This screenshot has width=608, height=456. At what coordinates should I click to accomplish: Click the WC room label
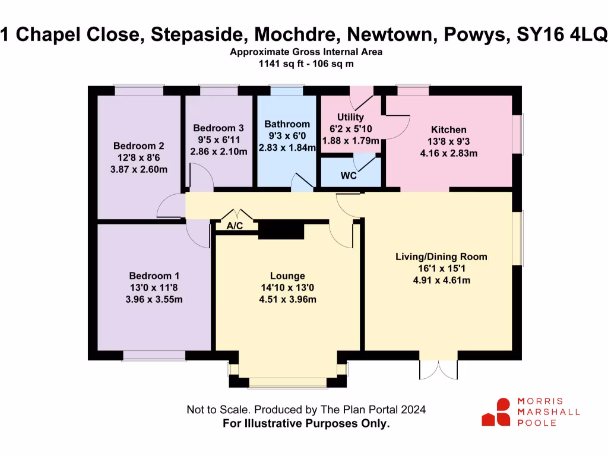pyautogui.click(x=349, y=176)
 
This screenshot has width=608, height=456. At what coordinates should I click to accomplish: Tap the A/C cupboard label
pyautogui.click(x=236, y=226)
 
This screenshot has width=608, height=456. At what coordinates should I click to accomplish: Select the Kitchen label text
pyautogui.click(x=448, y=129)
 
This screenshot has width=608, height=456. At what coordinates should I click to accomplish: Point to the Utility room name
pyautogui.click(x=350, y=117)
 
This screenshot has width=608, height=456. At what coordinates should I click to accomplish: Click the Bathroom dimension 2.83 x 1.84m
pyautogui.click(x=287, y=147)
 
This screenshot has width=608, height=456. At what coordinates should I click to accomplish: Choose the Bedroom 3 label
pyautogui.click(x=218, y=128)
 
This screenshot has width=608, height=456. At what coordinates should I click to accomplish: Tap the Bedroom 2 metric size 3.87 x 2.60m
pyautogui.click(x=139, y=169)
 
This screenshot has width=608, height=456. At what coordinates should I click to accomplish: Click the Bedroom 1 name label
pyautogui.click(x=154, y=276)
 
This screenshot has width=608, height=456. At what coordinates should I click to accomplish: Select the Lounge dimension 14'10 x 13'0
pyautogui.click(x=287, y=288)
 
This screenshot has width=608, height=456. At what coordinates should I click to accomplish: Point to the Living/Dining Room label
pyautogui.click(x=441, y=257)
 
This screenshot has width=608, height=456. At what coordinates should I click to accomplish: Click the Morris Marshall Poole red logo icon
pyautogui.click(x=496, y=412)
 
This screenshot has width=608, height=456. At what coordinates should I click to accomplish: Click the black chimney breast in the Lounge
pyautogui.click(x=281, y=230)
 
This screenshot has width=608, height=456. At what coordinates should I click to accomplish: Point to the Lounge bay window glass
pyautogui.click(x=287, y=384)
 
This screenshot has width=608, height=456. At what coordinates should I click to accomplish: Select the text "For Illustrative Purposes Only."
pyautogui.click(x=306, y=423)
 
